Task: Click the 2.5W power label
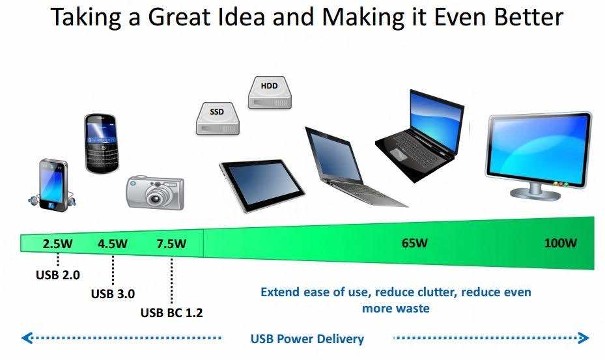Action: (x=57, y=244)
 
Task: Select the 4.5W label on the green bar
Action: (x=113, y=244)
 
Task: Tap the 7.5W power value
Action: (x=171, y=244)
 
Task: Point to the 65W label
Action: (x=415, y=243)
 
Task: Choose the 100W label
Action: (x=561, y=243)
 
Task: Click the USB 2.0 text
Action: (x=58, y=275)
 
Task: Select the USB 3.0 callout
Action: (x=113, y=294)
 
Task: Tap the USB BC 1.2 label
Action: (x=172, y=312)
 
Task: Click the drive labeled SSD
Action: (x=218, y=118)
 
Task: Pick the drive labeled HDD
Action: (x=270, y=92)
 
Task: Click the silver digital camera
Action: (x=155, y=193)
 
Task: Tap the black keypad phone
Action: (x=101, y=143)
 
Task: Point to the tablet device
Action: (x=262, y=186)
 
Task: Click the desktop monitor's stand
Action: (x=536, y=191)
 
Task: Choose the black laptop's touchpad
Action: (x=398, y=154)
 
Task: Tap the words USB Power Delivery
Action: (x=307, y=339)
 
